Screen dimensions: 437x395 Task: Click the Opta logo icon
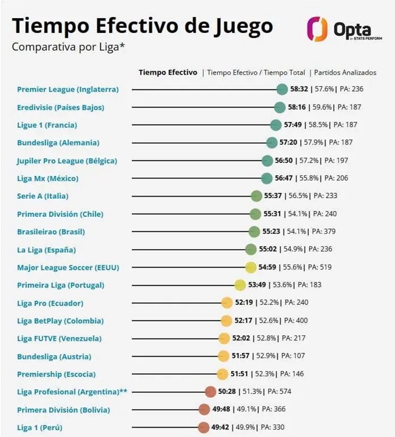[x=316, y=28]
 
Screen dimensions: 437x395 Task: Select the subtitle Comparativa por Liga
[x=68, y=47]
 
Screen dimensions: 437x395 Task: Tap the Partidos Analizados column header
[x=345, y=72]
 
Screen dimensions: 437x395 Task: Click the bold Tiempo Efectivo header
[x=168, y=72]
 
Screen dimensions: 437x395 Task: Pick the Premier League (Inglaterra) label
[x=68, y=89]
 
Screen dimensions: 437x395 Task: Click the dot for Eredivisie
[x=280, y=107]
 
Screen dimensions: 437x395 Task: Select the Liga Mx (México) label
[x=48, y=178]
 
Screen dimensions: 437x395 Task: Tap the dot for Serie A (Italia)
[x=256, y=196]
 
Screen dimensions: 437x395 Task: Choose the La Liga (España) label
[x=46, y=250]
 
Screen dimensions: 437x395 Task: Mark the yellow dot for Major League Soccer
[x=251, y=267]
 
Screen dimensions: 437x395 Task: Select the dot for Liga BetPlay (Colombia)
[x=226, y=321]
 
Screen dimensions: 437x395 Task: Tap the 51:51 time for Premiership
[x=240, y=374]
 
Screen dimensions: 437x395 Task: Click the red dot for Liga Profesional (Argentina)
[x=210, y=392]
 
